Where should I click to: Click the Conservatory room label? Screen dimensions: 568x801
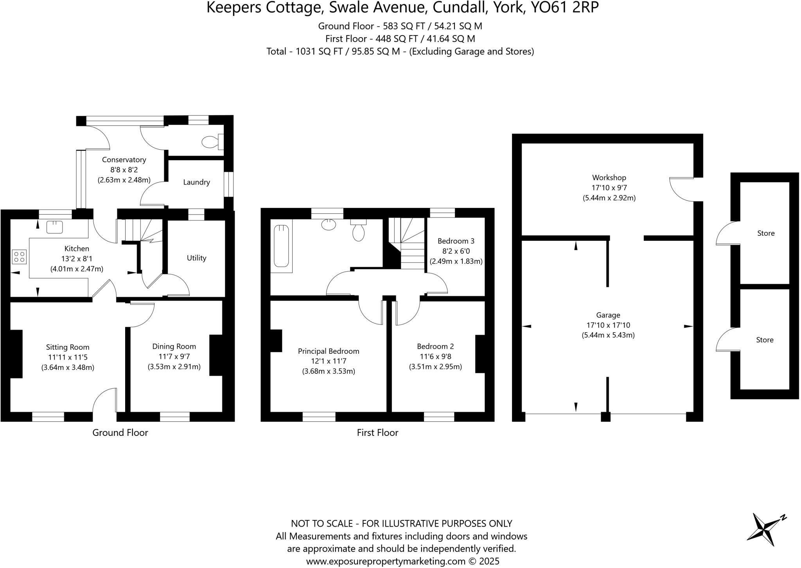(x=124, y=159)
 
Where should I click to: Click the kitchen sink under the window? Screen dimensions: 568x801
(x=54, y=227)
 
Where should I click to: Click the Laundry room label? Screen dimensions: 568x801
(x=196, y=182)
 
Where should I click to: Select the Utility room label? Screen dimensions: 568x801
(x=196, y=258)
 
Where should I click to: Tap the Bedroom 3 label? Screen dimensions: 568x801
(x=456, y=241)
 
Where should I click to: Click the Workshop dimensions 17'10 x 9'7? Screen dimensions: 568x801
(x=609, y=188)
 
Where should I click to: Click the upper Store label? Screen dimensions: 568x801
(x=765, y=233)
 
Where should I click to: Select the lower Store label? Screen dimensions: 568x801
(x=764, y=340)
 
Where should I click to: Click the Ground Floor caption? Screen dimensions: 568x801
(x=120, y=433)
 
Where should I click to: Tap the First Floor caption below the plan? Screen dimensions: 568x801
(x=377, y=433)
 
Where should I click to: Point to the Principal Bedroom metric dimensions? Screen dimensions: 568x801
(x=329, y=371)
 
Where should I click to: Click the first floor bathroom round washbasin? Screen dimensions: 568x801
(x=329, y=224)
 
